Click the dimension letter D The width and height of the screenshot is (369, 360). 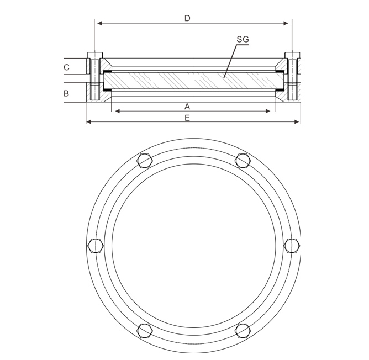187,18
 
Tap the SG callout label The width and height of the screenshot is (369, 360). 243,39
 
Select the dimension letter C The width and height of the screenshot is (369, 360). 67,67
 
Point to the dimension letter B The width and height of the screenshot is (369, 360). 66,93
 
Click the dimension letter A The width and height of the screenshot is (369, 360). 187,107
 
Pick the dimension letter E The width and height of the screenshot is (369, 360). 187,118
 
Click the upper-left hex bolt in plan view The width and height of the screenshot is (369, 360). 145,161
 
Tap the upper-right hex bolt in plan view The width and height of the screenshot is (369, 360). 243,161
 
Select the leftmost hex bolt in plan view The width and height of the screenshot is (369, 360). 96,246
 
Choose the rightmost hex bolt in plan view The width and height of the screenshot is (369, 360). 292,246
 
